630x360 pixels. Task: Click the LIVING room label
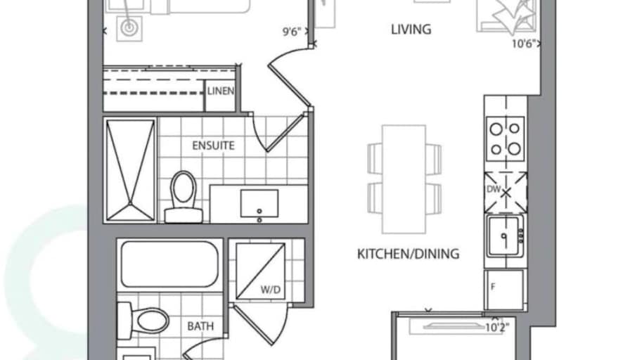point(411,30)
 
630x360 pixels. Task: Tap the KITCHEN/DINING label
point(409,254)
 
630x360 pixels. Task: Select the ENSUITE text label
point(213,146)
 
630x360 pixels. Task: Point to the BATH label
point(200,326)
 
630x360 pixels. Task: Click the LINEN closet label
point(221,91)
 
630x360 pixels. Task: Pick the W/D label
point(271,290)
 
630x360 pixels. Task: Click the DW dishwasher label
point(494,189)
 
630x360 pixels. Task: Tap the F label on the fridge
point(493,287)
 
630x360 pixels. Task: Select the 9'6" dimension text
point(292,32)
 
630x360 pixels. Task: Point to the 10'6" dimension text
point(524,44)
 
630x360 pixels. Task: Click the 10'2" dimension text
point(497,328)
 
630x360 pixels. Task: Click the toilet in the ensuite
point(184,197)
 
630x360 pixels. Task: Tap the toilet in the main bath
point(143,321)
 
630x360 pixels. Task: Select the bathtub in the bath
point(169,265)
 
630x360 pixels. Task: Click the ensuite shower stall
point(130,170)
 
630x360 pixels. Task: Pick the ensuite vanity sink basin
point(259,203)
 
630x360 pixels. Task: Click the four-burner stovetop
point(505,139)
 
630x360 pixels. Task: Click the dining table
point(404,179)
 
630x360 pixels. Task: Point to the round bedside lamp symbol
point(129,28)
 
